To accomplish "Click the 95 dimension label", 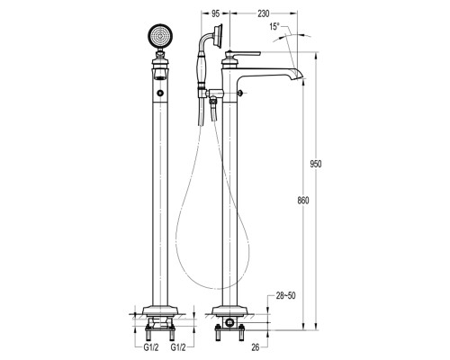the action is coord(216,13).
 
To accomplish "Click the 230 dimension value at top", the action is coord(264,13).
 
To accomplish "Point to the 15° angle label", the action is coord(274,27).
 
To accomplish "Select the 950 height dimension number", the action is coord(316,164).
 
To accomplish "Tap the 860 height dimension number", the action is coord(303,201).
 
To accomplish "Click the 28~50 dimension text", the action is coord(285,296).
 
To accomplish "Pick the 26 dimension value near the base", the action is coord(256,347).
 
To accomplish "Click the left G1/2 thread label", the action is coord(151,347).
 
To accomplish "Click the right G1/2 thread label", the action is coord(178,347).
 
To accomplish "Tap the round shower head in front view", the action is coord(160,37).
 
